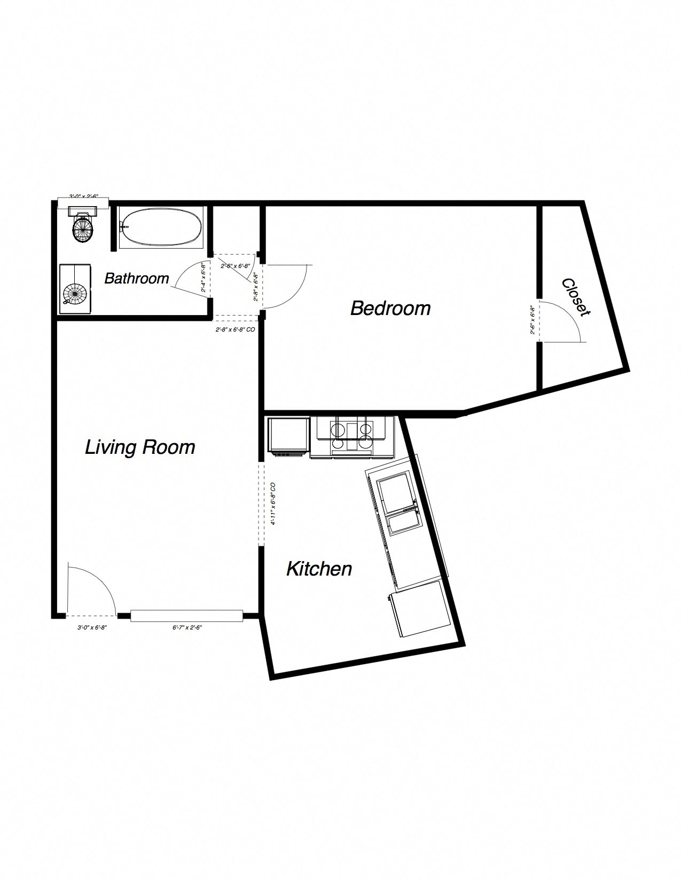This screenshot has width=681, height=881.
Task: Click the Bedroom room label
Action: pyautogui.click(x=390, y=308)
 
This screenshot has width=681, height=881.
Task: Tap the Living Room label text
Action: pyautogui.click(x=140, y=447)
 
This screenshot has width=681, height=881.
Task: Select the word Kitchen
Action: pyautogui.click(x=319, y=569)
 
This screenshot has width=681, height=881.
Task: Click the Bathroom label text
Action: pyautogui.click(x=136, y=278)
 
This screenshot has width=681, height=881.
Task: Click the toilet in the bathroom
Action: pyautogui.click(x=83, y=227)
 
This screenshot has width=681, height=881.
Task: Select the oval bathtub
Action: pyautogui.click(x=161, y=227)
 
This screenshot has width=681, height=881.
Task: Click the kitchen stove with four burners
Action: pyautogui.click(x=351, y=435)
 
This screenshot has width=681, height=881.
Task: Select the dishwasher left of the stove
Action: pyautogui.click(x=288, y=437)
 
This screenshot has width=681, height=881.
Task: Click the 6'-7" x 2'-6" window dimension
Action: pyautogui.click(x=187, y=628)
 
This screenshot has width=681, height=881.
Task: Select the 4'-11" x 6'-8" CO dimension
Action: pyautogui.click(x=273, y=504)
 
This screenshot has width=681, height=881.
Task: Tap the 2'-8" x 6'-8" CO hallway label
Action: pyautogui.click(x=235, y=330)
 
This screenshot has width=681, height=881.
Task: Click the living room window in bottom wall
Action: pyautogui.click(x=187, y=616)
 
